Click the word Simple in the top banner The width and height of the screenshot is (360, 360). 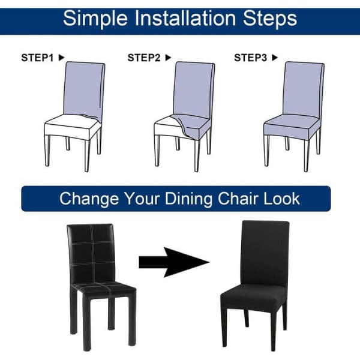pyautogui.click(x=95, y=19)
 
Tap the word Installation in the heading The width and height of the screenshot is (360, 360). pyautogui.click(x=185, y=18)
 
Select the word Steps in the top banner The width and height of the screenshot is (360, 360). pyautogui.click(x=270, y=19)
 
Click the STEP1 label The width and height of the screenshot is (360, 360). pyautogui.click(x=37, y=58)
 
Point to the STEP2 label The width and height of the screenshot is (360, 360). pyautogui.click(x=144, y=58)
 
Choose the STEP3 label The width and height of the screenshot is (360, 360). pyautogui.click(x=250, y=58)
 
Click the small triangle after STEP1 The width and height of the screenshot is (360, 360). pyautogui.click(x=61, y=58)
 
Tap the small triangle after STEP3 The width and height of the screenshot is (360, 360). pyautogui.click(x=275, y=58)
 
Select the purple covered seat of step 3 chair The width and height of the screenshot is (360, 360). pyautogui.click(x=292, y=127)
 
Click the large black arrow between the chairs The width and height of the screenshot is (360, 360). pyautogui.click(x=174, y=262)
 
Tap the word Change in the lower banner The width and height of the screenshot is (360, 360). pyautogui.click(x=89, y=199)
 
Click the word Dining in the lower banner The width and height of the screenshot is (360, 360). pyautogui.click(x=189, y=199)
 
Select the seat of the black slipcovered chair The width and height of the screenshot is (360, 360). pyautogui.click(x=253, y=298)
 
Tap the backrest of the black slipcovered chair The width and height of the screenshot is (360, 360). pyautogui.click(x=265, y=254)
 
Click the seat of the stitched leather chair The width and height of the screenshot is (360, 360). pyautogui.click(x=103, y=290)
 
